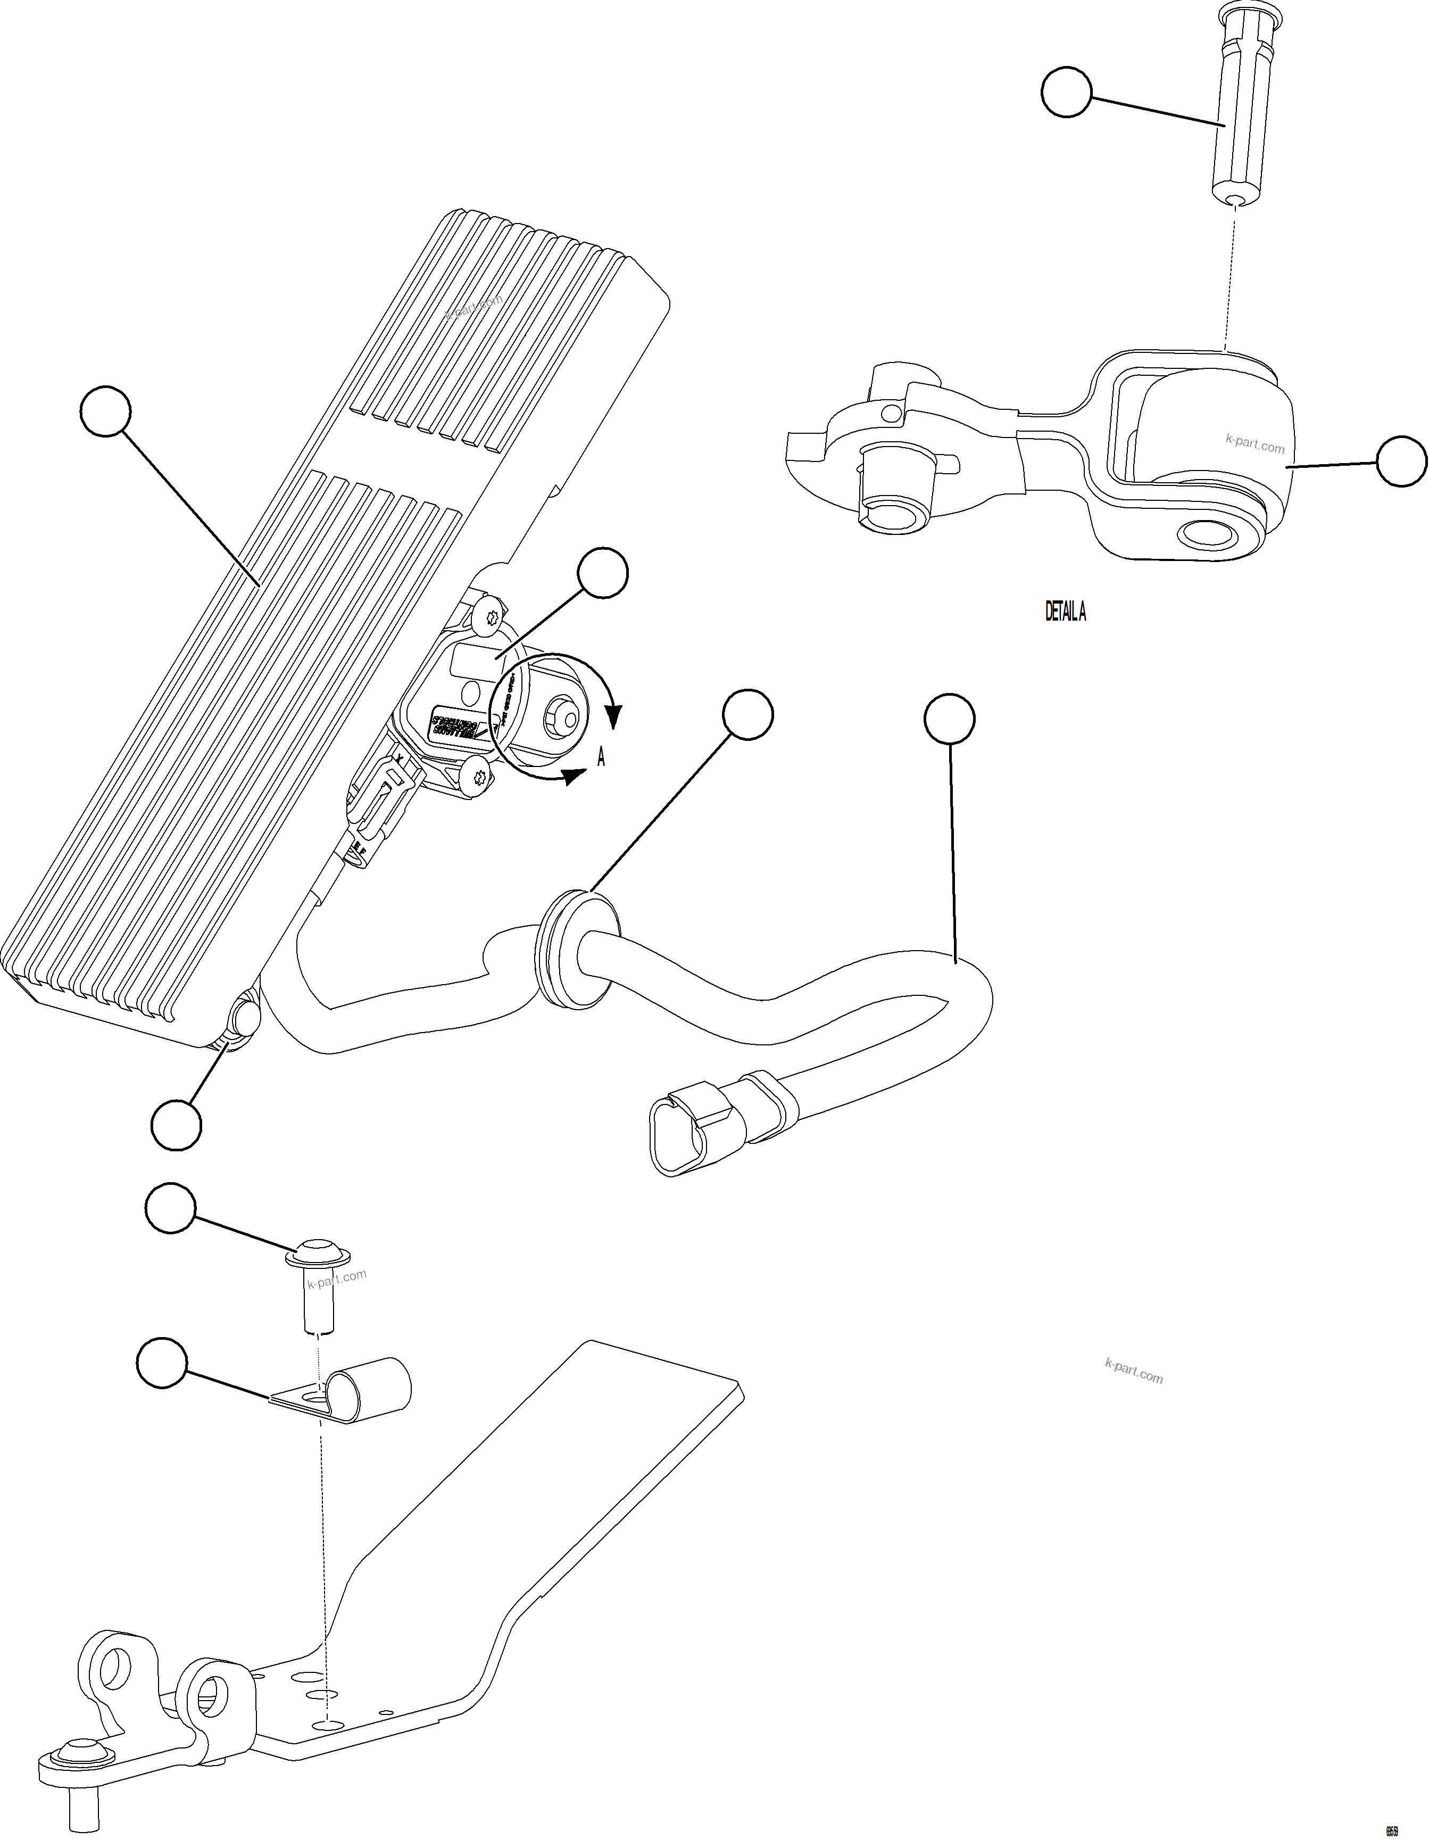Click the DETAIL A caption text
click(x=1065, y=612)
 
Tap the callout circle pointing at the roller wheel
click(x=1401, y=460)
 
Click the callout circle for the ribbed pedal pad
click(x=106, y=411)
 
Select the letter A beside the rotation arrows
click(x=601, y=758)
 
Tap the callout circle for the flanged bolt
click(x=171, y=1210)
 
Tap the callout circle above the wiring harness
click(x=949, y=719)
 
